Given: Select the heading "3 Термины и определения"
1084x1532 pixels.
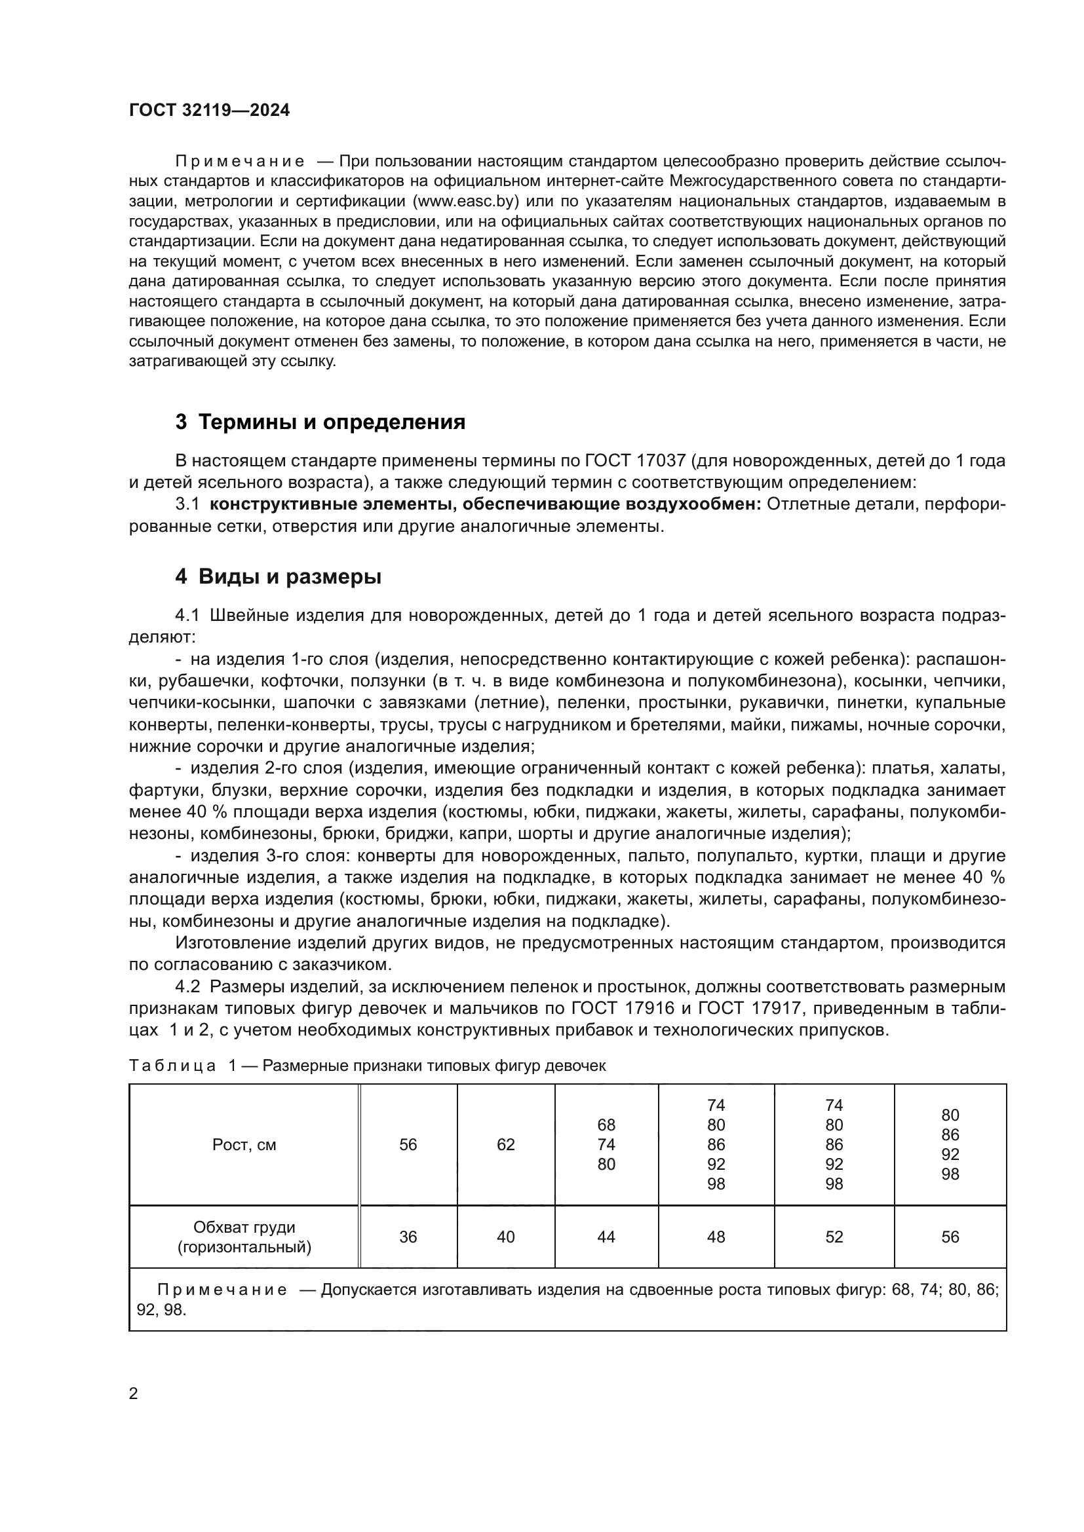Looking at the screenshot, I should (x=320, y=422).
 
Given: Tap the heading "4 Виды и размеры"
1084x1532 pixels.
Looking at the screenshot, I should (x=278, y=576).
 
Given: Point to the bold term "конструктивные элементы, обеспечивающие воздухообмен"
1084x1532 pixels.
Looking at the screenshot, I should (x=485, y=504).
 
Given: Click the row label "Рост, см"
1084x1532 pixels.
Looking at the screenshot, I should (x=244, y=1145).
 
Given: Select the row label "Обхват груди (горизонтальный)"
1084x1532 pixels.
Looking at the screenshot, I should (x=244, y=1237).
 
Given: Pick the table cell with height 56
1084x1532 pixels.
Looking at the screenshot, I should (x=408, y=1145).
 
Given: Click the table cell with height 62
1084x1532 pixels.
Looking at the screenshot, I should (x=505, y=1145).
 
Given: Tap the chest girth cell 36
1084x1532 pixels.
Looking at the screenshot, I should (x=408, y=1237).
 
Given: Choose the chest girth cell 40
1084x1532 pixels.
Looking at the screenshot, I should (x=505, y=1237).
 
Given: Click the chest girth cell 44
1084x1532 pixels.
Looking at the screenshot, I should (x=606, y=1237).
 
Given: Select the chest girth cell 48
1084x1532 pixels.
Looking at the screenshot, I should (x=716, y=1237).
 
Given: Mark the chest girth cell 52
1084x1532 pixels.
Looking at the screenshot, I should (x=834, y=1237).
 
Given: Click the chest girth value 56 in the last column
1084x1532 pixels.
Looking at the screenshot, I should (x=950, y=1237).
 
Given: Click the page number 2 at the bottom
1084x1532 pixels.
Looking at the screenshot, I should (x=134, y=1394).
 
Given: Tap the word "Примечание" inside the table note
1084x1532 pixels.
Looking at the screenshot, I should (x=222, y=1290).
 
